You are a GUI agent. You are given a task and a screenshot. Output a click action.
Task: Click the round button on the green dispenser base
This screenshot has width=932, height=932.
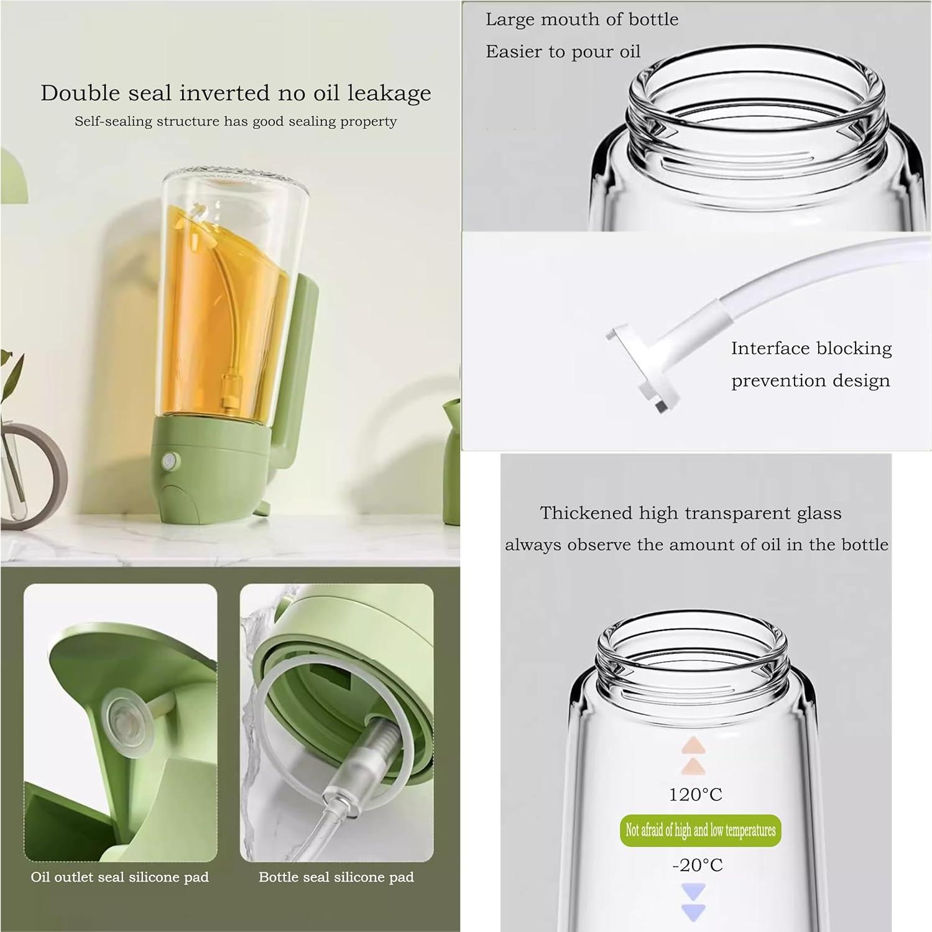click(169, 461)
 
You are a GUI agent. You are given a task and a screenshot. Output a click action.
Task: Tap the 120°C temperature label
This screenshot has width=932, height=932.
click(695, 795)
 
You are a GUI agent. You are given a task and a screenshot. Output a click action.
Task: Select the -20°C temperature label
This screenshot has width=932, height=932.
click(697, 865)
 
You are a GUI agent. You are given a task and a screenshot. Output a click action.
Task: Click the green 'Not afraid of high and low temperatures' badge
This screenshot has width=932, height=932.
click(700, 830)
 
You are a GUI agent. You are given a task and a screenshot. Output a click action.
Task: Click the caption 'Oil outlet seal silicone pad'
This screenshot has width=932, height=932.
click(119, 877)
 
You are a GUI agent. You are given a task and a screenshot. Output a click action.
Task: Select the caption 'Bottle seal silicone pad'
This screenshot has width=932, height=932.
click(336, 877)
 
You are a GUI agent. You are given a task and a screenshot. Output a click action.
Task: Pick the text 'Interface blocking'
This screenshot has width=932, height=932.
click(811, 348)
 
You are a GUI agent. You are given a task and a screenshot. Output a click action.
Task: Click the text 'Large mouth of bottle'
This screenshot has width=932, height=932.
click(581, 20)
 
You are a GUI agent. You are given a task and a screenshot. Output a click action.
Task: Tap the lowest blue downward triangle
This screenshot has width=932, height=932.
click(693, 912)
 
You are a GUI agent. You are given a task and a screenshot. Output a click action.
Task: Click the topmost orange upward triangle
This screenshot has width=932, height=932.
click(693, 744)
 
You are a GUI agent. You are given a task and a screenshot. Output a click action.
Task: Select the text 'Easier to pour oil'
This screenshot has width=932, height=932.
click(563, 52)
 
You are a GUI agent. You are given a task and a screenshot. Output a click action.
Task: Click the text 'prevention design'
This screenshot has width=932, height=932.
click(810, 381)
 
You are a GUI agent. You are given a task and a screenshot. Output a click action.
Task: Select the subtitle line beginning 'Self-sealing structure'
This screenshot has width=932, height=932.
click(236, 121)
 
